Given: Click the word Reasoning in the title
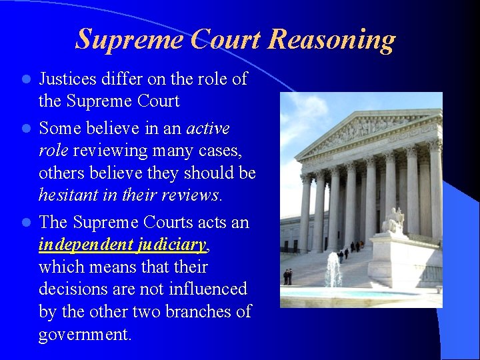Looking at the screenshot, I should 331,39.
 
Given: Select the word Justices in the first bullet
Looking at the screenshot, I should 69,79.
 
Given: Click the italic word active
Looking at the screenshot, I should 208,127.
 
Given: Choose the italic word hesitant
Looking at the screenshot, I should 67,195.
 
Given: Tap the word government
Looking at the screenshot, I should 85,334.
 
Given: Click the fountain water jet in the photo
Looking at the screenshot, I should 333,270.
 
